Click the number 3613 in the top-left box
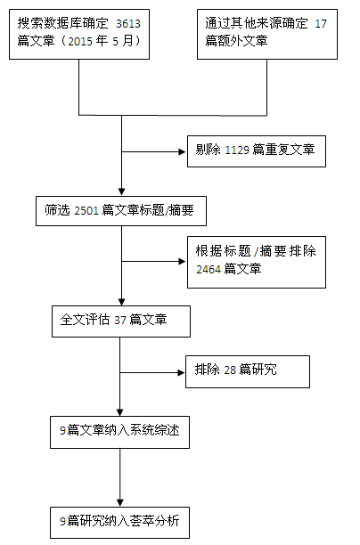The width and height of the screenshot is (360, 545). click(128, 24)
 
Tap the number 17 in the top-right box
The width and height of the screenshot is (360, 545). click(321, 24)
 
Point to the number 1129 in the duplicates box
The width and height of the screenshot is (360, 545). click(237, 150)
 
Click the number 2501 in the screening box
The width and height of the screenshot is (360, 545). click(86, 211)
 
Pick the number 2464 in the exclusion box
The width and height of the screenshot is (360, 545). click(209, 269)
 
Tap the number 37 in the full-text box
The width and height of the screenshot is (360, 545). click(120, 320)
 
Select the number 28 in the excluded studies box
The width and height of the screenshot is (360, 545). click(230, 370)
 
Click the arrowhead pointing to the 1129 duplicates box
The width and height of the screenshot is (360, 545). click(183, 151)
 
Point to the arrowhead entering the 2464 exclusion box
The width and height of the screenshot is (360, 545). click(183, 262)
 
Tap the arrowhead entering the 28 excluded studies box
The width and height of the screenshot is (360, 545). click(181, 372)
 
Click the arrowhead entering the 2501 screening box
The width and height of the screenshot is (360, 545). click(121, 191)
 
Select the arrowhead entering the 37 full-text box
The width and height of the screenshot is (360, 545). click(121, 302)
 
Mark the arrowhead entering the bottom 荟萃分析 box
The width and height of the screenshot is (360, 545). click(119, 502)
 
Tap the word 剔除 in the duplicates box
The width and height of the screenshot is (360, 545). click(208, 150)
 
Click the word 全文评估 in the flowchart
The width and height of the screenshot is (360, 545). click(85, 320)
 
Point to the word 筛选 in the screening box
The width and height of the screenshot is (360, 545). click(57, 210)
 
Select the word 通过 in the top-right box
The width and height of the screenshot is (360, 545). click(217, 23)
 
